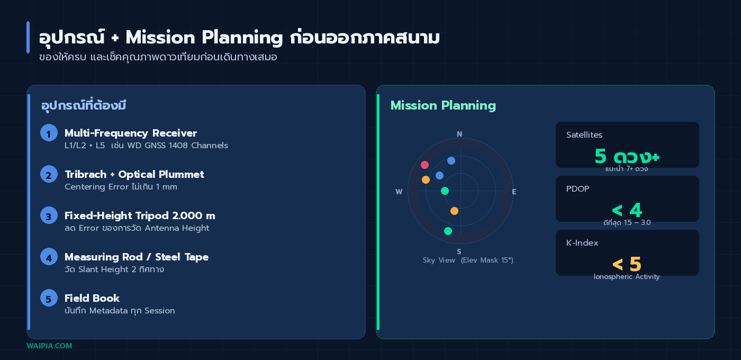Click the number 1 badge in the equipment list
[x=49, y=133]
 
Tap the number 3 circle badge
[x=49, y=215]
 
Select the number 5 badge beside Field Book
[x=49, y=298]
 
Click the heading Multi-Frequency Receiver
[x=130, y=133]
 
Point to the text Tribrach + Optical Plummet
[x=134, y=174]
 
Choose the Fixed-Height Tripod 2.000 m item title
[x=140, y=215]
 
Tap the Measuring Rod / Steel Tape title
[x=137, y=257]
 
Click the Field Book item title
[x=92, y=298]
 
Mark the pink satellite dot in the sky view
[x=424, y=165]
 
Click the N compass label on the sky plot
[x=459, y=134]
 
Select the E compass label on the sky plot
[x=514, y=192]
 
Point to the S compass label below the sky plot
[x=459, y=251]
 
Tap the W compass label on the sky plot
[x=399, y=192]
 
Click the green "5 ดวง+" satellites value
[x=627, y=156]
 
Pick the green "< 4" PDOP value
[x=627, y=210]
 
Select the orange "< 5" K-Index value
[x=627, y=264]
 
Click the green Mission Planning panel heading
[x=443, y=105]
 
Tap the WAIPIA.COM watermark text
[x=49, y=346]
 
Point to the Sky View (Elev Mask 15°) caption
[x=468, y=260]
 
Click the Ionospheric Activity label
[x=627, y=276]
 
